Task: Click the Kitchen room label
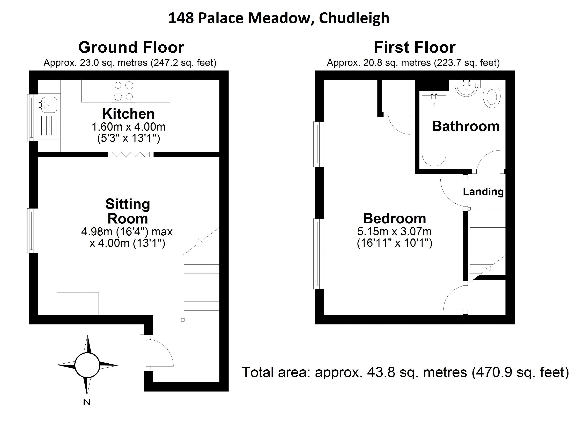click(129, 114)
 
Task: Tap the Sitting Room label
click(128, 211)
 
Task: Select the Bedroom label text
click(394, 218)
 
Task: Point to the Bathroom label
click(466, 126)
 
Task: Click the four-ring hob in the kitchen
click(124, 91)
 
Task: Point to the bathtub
click(434, 130)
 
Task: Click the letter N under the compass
click(87, 402)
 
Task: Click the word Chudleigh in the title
click(354, 18)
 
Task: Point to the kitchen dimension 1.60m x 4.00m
click(129, 127)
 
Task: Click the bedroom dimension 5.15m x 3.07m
click(394, 231)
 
